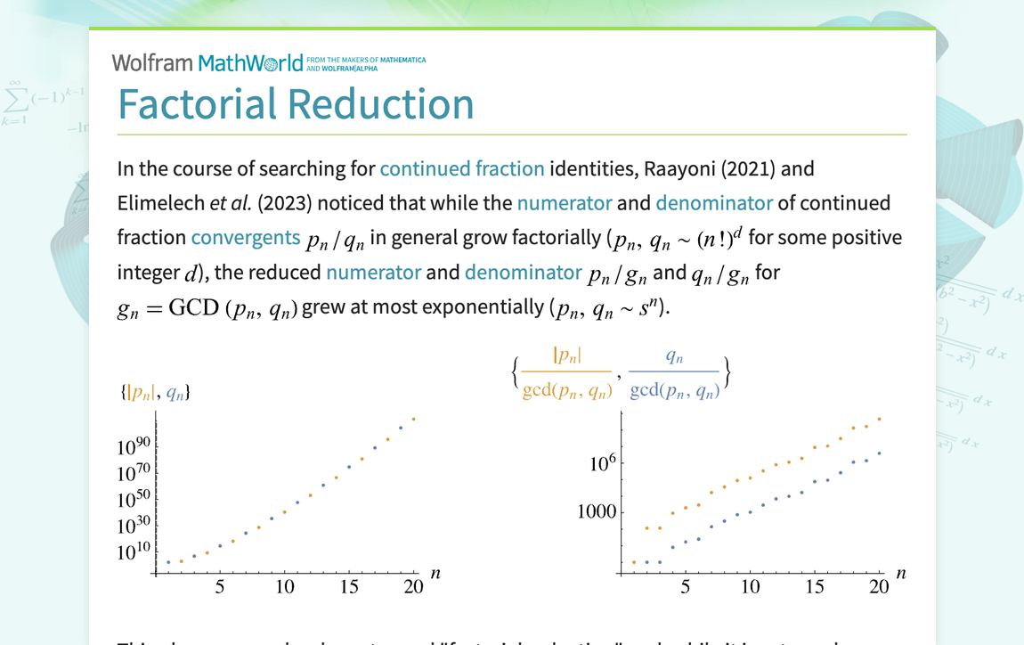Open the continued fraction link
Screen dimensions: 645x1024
click(461, 168)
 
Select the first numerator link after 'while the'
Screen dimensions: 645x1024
click(565, 203)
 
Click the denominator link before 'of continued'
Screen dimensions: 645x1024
click(714, 203)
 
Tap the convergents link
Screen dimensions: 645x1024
click(245, 238)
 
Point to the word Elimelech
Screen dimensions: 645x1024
click(159, 203)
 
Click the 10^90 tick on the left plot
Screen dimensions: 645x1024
click(134, 447)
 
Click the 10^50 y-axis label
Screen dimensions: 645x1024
click(134, 501)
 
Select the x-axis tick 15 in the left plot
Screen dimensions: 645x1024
click(349, 587)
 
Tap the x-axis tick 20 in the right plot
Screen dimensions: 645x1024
click(879, 587)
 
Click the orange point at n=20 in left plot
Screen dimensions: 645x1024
click(413, 419)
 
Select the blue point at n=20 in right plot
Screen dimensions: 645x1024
click(880, 453)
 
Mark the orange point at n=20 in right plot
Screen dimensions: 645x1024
click(880, 419)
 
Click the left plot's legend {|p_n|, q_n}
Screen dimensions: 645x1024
click(155, 392)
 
